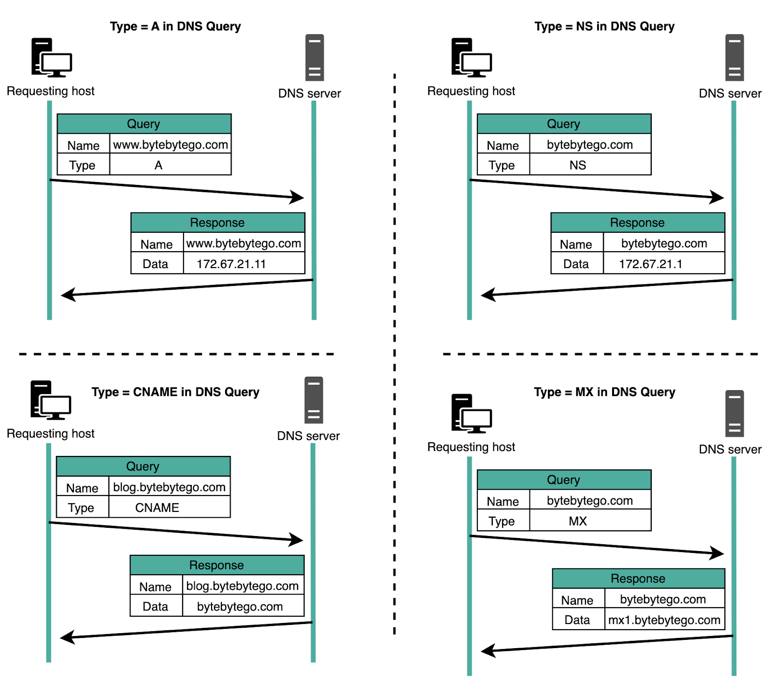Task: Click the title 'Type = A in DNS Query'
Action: coord(175,27)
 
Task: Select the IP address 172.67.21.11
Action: coord(231,264)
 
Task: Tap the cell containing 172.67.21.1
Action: coord(650,264)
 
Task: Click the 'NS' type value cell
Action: coord(578,165)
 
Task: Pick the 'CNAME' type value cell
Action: coord(157,508)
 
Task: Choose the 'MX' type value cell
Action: coord(578,521)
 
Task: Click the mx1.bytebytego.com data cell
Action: coord(664,620)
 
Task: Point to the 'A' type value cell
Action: coord(158,165)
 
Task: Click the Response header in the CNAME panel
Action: coord(216,565)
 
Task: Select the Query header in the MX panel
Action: coord(563,480)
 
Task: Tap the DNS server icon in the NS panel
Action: coord(734,57)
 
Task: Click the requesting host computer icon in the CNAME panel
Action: coord(51,400)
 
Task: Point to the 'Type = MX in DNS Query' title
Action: coord(604,392)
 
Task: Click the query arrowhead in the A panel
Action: coord(298,197)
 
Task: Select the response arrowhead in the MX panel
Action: coord(488,651)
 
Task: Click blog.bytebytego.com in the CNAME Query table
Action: coord(169,487)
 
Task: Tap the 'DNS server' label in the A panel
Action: coord(309,93)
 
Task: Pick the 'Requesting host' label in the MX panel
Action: coord(471,447)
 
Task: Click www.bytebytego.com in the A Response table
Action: coord(243,243)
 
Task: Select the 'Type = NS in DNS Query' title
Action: coord(604,27)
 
